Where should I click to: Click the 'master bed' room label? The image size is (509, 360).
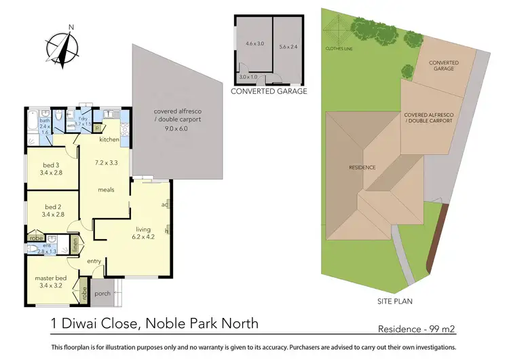(x=52, y=277)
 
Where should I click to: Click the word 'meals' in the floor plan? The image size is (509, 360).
(x=105, y=190)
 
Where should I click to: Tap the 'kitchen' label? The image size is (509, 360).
(x=109, y=140)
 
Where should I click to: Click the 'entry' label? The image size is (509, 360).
(x=94, y=261)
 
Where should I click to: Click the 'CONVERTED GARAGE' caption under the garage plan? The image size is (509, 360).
(x=269, y=91)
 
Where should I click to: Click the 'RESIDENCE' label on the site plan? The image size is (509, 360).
(x=362, y=167)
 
